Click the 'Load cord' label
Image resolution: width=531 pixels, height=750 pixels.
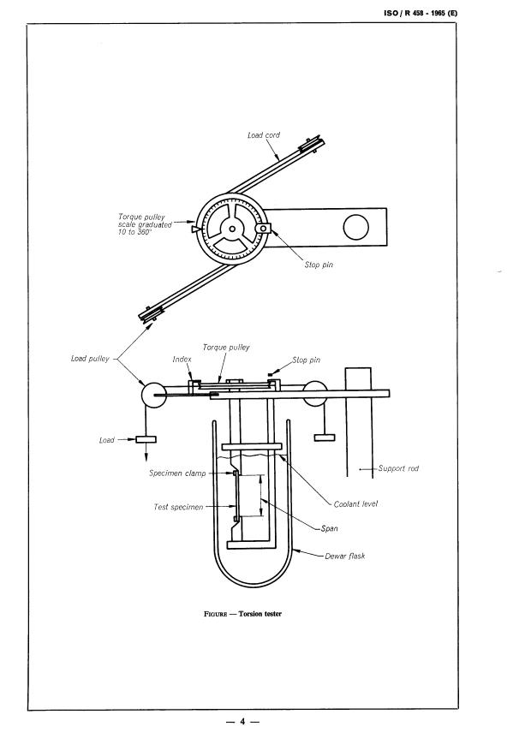point(264,135)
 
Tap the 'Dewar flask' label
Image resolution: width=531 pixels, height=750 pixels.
point(344,556)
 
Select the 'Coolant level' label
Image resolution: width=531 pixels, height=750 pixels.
point(355,503)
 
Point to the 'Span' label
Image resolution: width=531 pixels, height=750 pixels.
point(330,528)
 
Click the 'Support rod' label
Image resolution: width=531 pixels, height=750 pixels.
point(398,468)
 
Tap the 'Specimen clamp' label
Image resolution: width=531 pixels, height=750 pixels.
point(177,473)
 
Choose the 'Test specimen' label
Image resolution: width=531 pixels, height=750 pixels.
point(178,507)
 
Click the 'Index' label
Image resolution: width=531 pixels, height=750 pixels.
point(182,360)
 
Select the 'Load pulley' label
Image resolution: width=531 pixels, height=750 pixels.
point(90,358)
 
